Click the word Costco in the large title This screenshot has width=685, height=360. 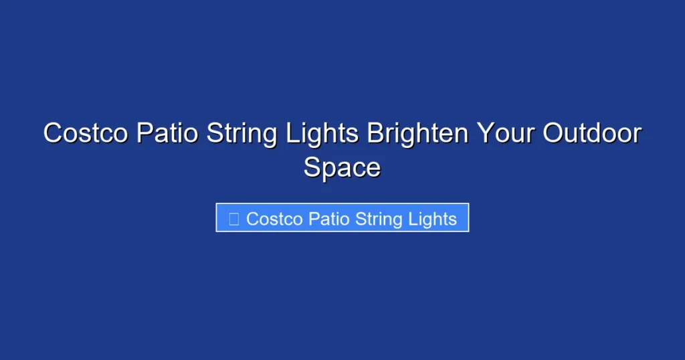pyautogui.click(x=86, y=133)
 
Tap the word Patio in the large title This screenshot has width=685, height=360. pyautogui.click(x=167, y=133)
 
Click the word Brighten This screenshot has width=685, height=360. pyautogui.click(x=417, y=133)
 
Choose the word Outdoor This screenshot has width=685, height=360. pyautogui.click(x=591, y=133)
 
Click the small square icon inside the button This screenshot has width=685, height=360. pyautogui.click(x=233, y=219)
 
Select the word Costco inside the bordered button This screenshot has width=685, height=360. pyautogui.click(x=274, y=219)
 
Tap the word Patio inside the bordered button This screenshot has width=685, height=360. pyautogui.click(x=328, y=219)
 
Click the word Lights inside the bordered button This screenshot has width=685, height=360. pyautogui.click(x=432, y=219)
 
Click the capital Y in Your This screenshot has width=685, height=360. pyautogui.click(x=485, y=133)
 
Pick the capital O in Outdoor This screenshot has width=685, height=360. pyautogui.click(x=553, y=133)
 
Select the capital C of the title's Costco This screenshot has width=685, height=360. pyautogui.click(x=53, y=133)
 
